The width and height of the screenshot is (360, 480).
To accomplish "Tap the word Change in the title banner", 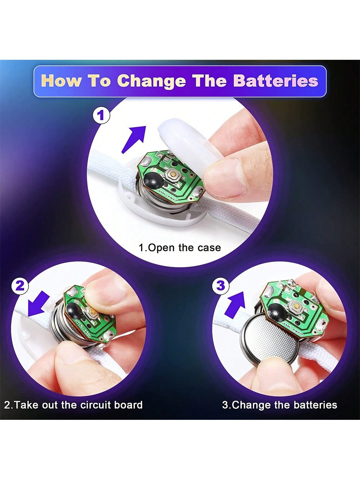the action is point(153,81).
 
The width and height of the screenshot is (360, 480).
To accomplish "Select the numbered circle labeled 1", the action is point(101,116).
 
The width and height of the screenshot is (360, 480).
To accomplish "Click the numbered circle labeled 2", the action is point(20,286).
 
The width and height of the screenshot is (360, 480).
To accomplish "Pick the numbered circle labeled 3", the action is point(221,286).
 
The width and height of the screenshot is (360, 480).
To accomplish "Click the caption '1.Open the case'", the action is point(180,248).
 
